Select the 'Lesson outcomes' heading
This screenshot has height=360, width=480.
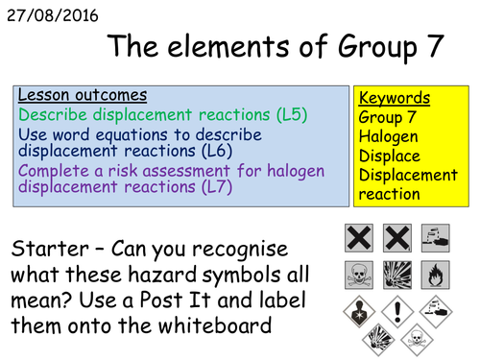click(x=82, y=96)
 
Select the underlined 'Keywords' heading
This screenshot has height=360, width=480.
click(x=394, y=98)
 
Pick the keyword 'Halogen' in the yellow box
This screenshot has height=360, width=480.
click(x=388, y=136)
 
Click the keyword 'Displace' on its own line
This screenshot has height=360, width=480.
click(x=389, y=156)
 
